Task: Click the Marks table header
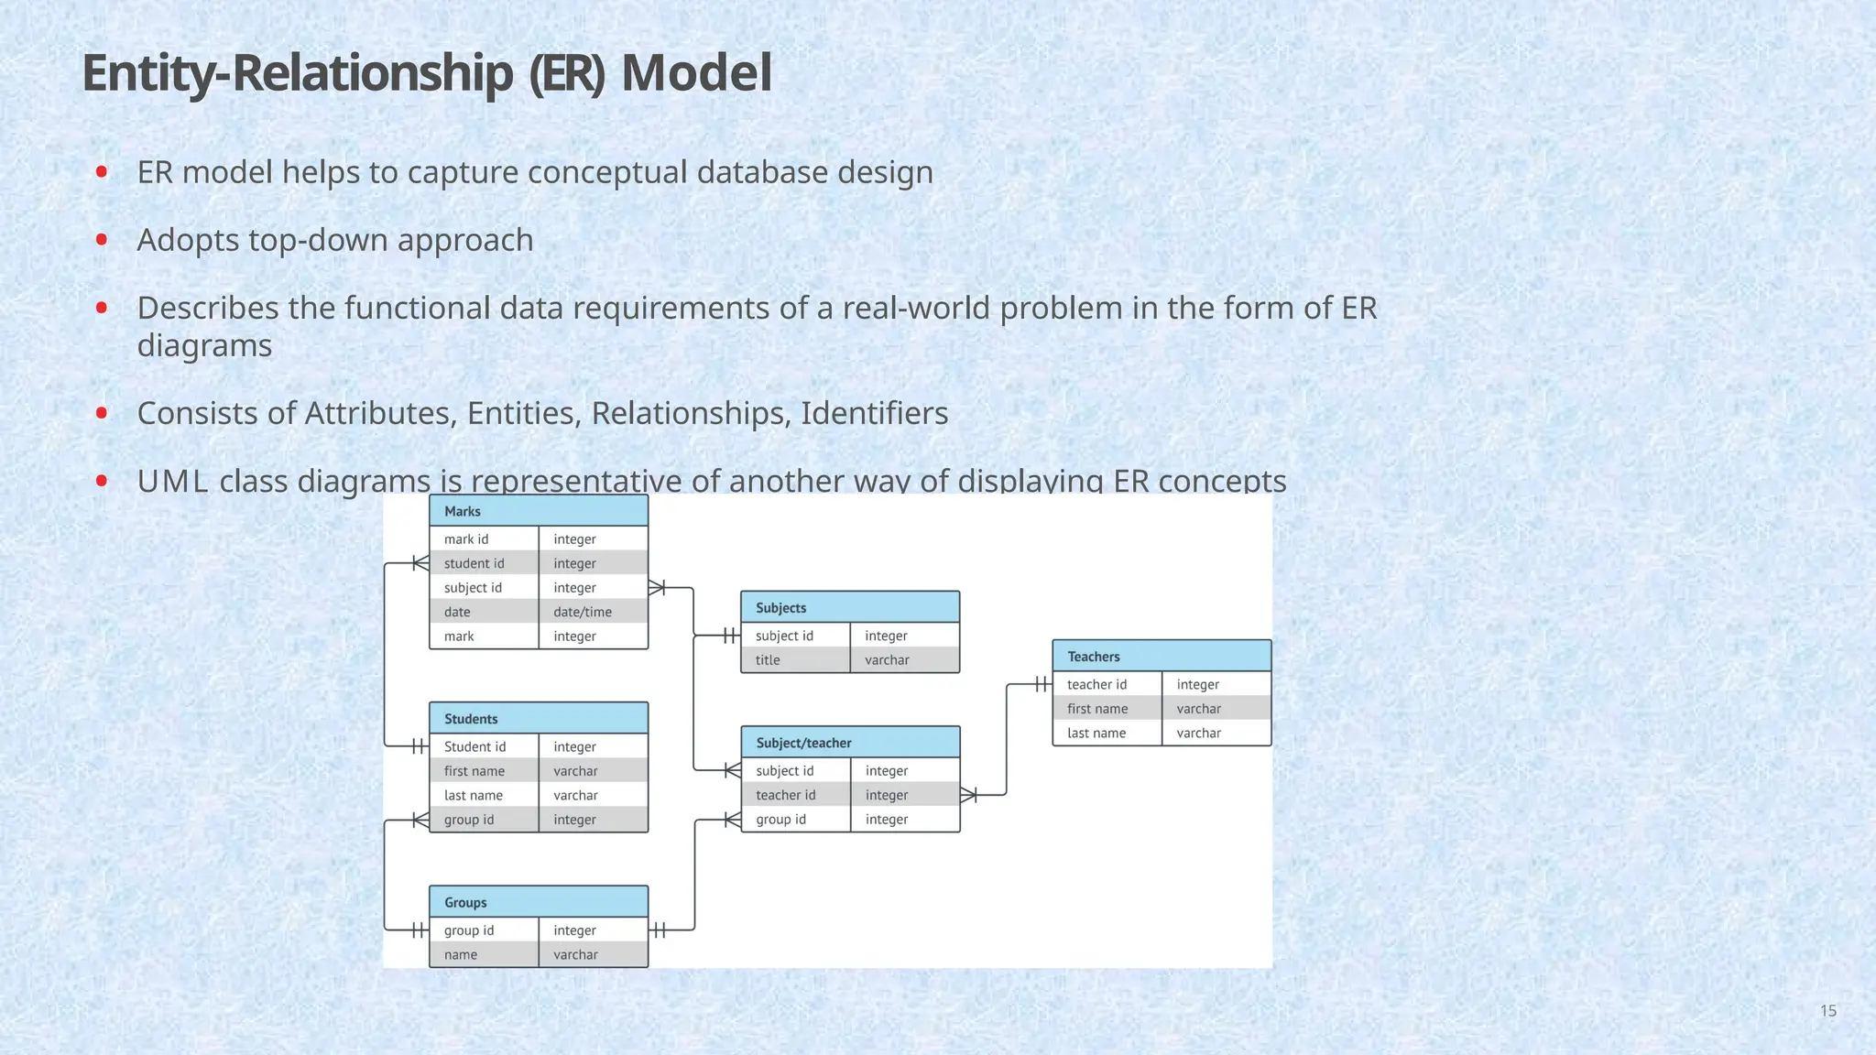pyautogui.click(x=539, y=511)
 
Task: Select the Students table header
pyautogui.click(x=539, y=719)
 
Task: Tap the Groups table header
pyautogui.click(x=539, y=902)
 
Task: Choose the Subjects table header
pyautogui.click(x=850, y=607)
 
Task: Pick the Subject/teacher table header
pyautogui.click(x=850, y=743)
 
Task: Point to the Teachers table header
pyautogui.click(x=1162, y=657)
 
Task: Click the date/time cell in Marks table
pyautogui.click(x=583, y=612)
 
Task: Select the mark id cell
pyautogui.click(x=466, y=539)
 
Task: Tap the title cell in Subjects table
pyautogui.click(x=768, y=660)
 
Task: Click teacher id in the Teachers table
pyautogui.click(x=1096, y=684)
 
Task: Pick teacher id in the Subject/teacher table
pyautogui.click(x=785, y=795)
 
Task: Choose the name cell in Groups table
pyautogui.click(x=461, y=954)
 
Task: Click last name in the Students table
pyautogui.click(x=473, y=795)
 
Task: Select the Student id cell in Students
pyautogui.click(x=474, y=746)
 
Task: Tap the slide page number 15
pyautogui.click(x=1827, y=1011)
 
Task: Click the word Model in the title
pyautogui.click(x=696, y=73)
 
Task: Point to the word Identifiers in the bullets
pyautogui.click(x=874, y=413)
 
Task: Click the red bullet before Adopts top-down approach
pyautogui.click(x=102, y=240)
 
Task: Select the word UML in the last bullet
pyautogui.click(x=172, y=481)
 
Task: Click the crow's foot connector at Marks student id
pyautogui.click(x=420, y=563)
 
